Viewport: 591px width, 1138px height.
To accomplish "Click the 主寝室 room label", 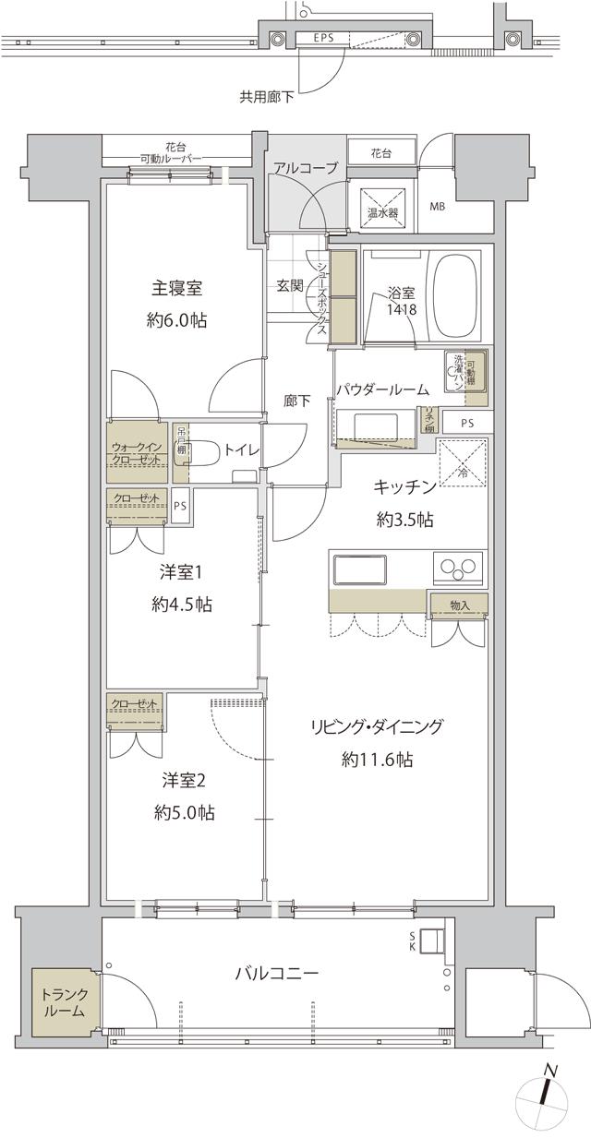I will [x=177, y=289].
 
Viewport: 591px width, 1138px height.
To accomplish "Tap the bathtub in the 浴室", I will [x=455, y=294].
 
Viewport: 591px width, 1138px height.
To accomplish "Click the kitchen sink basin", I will [x=362, y=569].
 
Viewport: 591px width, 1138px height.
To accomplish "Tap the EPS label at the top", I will [x=324, y=38].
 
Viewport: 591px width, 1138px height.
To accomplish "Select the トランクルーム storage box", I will [x=64, y=1002].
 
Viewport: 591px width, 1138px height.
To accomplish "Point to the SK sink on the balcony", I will [x=432, y=940].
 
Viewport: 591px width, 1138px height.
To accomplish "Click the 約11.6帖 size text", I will [x=377, y=760].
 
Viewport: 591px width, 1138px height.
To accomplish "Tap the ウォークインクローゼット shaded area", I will [x=137, y=452].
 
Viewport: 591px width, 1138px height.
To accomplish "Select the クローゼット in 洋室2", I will [x=135, y=712].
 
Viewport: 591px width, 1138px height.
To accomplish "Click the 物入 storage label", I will [x=459, y=605].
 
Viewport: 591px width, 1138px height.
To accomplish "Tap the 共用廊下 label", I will [x=267, y=95].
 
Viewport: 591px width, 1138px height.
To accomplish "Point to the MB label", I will [x=437, y=206].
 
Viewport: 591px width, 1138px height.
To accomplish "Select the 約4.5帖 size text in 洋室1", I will [x=182, y=605].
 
